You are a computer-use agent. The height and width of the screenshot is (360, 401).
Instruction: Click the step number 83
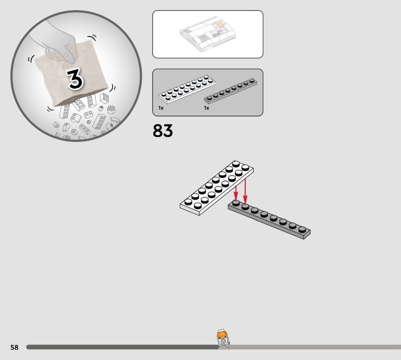162,130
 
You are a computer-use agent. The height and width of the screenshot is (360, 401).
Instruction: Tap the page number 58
15,347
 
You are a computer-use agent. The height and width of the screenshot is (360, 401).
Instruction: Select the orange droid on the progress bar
223,339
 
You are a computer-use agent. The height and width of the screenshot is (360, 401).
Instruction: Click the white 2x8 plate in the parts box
187,89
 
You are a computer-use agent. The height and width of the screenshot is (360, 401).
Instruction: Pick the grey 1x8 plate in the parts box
231,91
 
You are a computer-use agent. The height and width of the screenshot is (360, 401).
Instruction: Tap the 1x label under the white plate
161,108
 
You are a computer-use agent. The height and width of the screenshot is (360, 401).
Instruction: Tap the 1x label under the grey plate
207,108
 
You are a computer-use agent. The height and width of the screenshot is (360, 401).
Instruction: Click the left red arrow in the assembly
236,193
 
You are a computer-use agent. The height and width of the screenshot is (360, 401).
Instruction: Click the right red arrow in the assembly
245,191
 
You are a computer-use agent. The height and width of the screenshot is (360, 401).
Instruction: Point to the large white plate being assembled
217,188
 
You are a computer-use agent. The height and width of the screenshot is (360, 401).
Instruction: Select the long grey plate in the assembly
269,219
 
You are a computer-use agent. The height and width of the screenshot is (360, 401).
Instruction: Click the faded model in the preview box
208,34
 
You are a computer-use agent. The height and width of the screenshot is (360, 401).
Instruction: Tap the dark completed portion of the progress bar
122,347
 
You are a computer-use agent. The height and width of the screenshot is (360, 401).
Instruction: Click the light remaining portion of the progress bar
315,347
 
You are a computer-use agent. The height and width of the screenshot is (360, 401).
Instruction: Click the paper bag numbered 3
72,73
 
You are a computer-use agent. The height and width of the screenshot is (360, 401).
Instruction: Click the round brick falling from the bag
111,109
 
